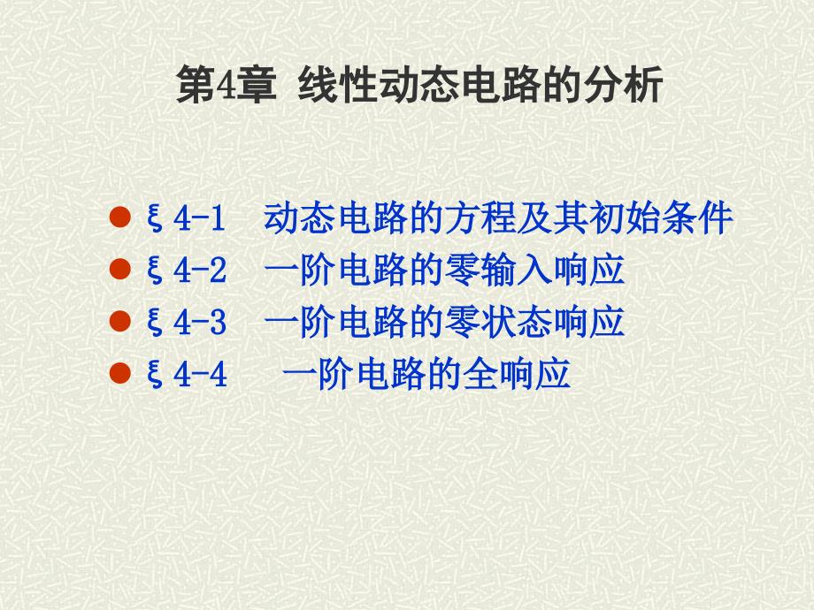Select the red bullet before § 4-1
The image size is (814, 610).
pos(120,217)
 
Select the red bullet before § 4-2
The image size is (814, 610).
pos(120,271)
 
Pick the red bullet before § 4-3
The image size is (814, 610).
pos(120,323)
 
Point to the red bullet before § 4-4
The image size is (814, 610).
pos(120,376)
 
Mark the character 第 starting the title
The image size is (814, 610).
pos(196,88)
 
